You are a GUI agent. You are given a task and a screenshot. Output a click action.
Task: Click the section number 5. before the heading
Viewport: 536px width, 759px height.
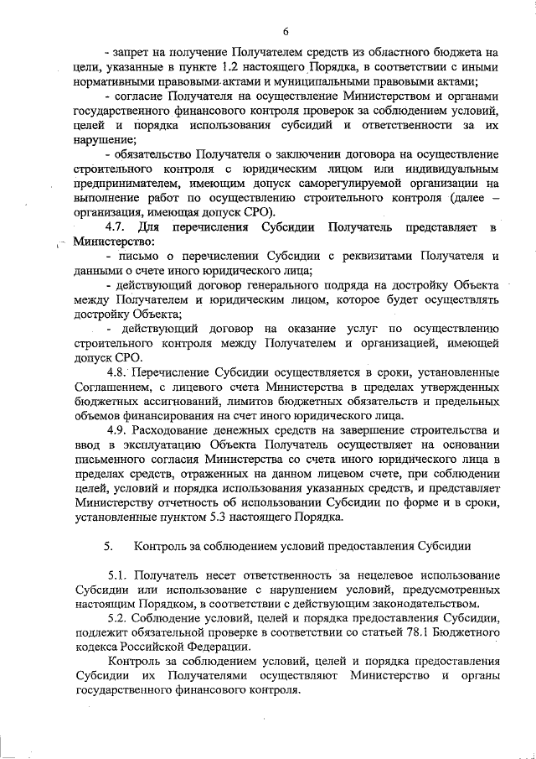pos(109,546)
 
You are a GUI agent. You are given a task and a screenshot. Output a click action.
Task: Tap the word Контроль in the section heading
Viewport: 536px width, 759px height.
pos(161,546)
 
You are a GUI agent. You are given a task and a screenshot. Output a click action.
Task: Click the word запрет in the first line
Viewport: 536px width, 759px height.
pos(137,52)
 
